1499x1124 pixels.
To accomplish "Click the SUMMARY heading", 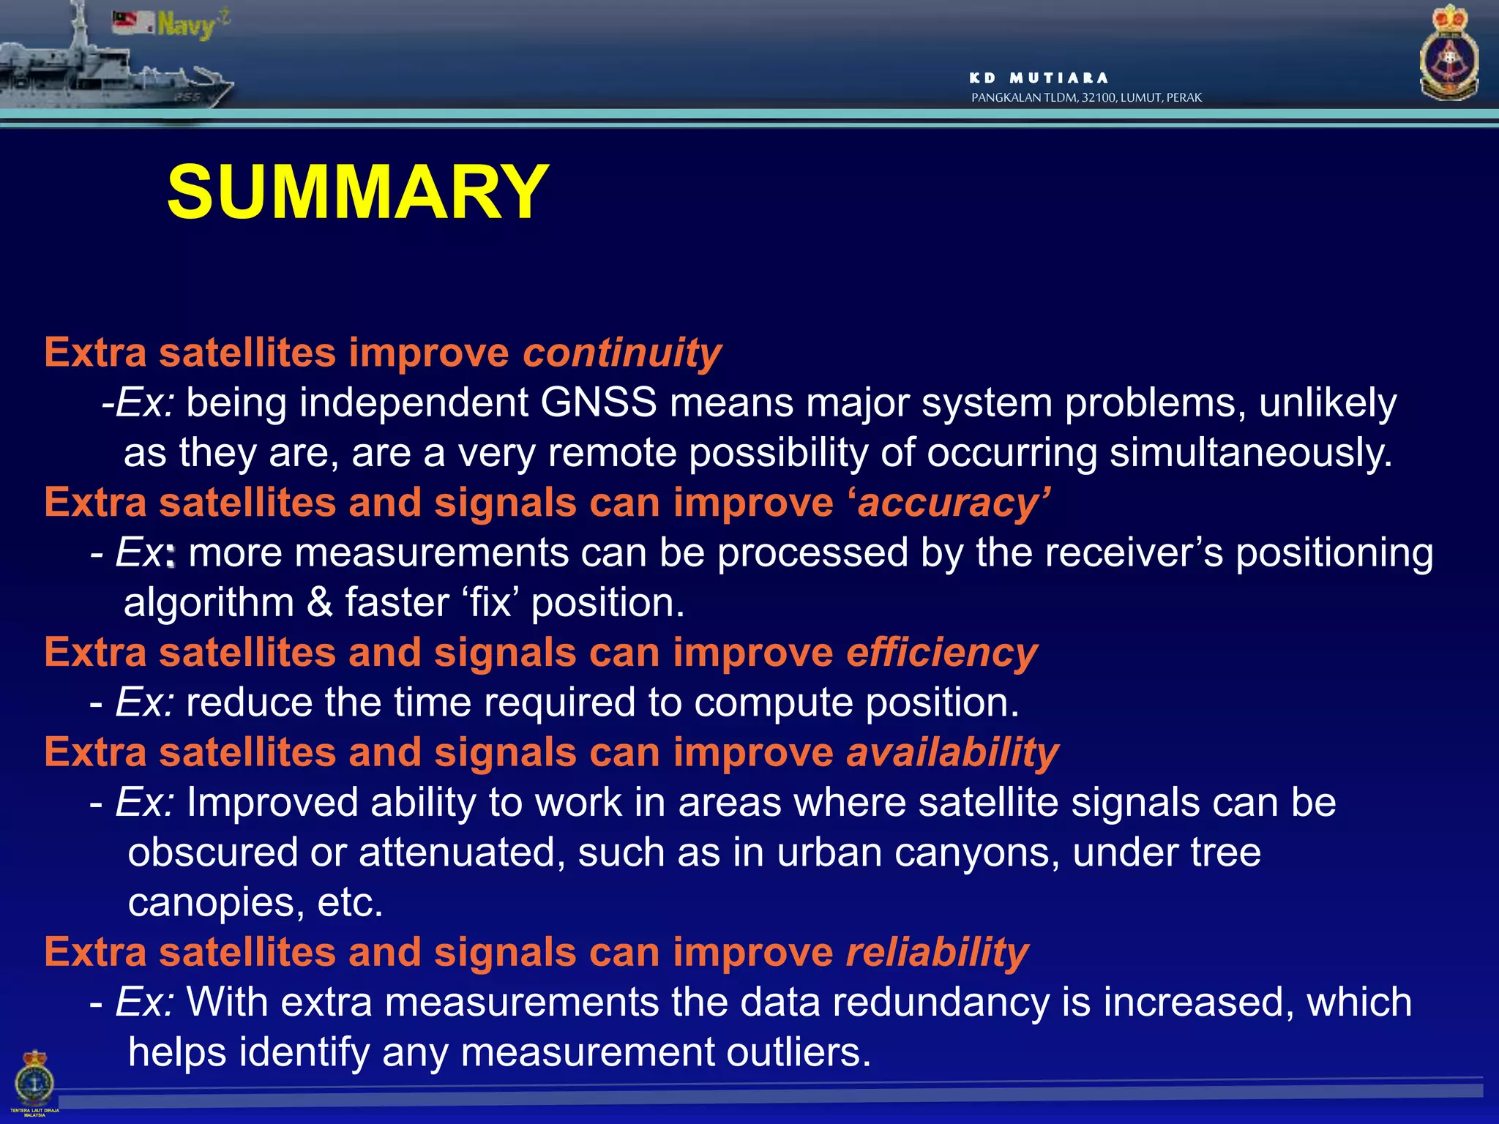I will point(357,192).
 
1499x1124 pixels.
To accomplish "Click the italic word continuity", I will point(621,353).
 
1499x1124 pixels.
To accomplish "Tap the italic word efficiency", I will point(942,653).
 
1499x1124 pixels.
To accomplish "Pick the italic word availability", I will point(952,753).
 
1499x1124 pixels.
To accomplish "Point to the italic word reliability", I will point(937,953).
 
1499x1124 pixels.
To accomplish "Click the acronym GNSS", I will point(598,402).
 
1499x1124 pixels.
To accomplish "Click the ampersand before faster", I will point(319,603).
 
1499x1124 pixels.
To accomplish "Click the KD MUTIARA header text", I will point(1038,78).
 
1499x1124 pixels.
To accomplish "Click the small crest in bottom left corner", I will point(34,1079).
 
